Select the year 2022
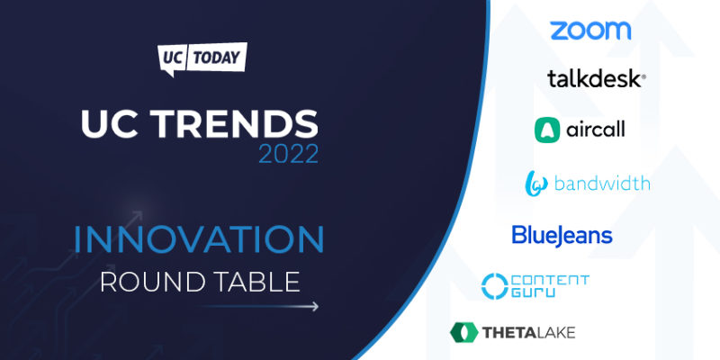click(x=288, y=154)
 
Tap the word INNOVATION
click(x=199, y=239)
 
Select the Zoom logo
click(x=590, y=31)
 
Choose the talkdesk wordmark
click(x=596, y=79)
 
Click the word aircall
click(x=596, y=130)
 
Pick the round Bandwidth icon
click(x=536, y=184)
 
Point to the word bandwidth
click(x=602, y=184)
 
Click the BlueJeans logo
click(x=562, y=236)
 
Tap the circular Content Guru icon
click(x=496, y=286)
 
